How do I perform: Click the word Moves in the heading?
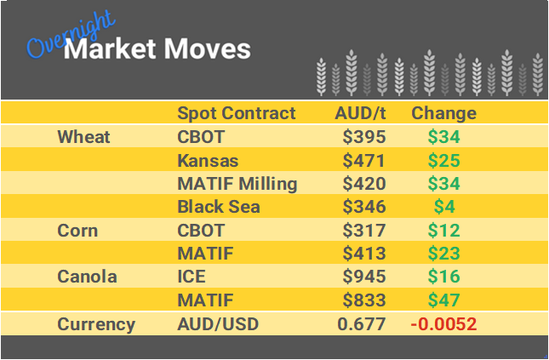click(208, 49)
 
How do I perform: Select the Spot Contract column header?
click(236, 113)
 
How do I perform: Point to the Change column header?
click(443, 113)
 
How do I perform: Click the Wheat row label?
click(83, 137)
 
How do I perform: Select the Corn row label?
click(77, 231)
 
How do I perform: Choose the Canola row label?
click(86, 277)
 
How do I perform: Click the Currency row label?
click(95, 324)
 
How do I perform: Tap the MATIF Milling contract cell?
click(237, 184)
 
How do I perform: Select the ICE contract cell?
click(192, 277)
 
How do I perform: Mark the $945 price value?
click(363, 277)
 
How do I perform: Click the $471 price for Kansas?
click(363, 160)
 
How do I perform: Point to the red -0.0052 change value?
click(443, 324)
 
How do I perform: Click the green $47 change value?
click(443, 300)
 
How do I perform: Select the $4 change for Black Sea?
click(443, 207)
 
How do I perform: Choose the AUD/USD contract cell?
click(217, 324)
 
